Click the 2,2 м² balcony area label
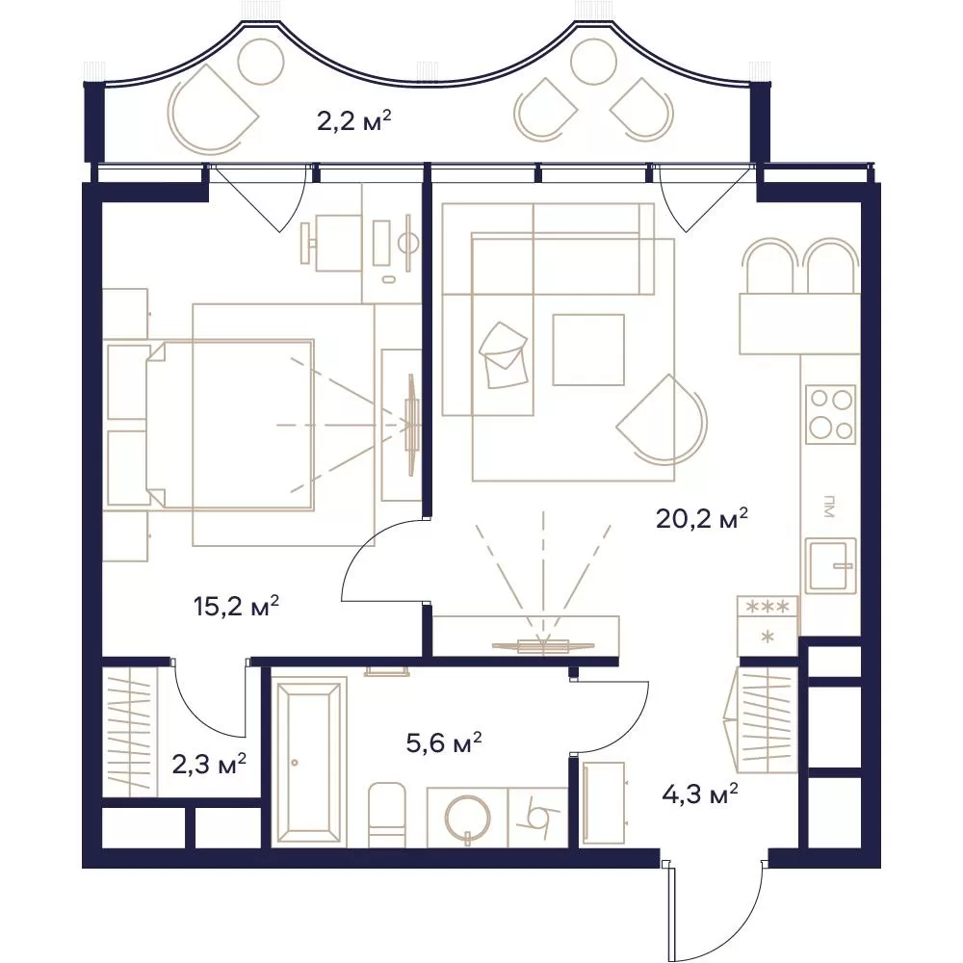354,121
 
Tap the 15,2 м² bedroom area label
237,607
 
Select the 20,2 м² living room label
702,518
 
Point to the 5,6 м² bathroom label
443,743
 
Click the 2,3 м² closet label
209,766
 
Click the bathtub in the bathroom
308,763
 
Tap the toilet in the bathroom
387,815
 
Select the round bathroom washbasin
468,818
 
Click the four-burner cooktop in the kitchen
830,414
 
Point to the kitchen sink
830,566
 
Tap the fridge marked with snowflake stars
768,625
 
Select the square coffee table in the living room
588,350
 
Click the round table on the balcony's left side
261,62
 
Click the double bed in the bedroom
229,425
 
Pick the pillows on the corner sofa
503,355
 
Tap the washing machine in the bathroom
538,817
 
